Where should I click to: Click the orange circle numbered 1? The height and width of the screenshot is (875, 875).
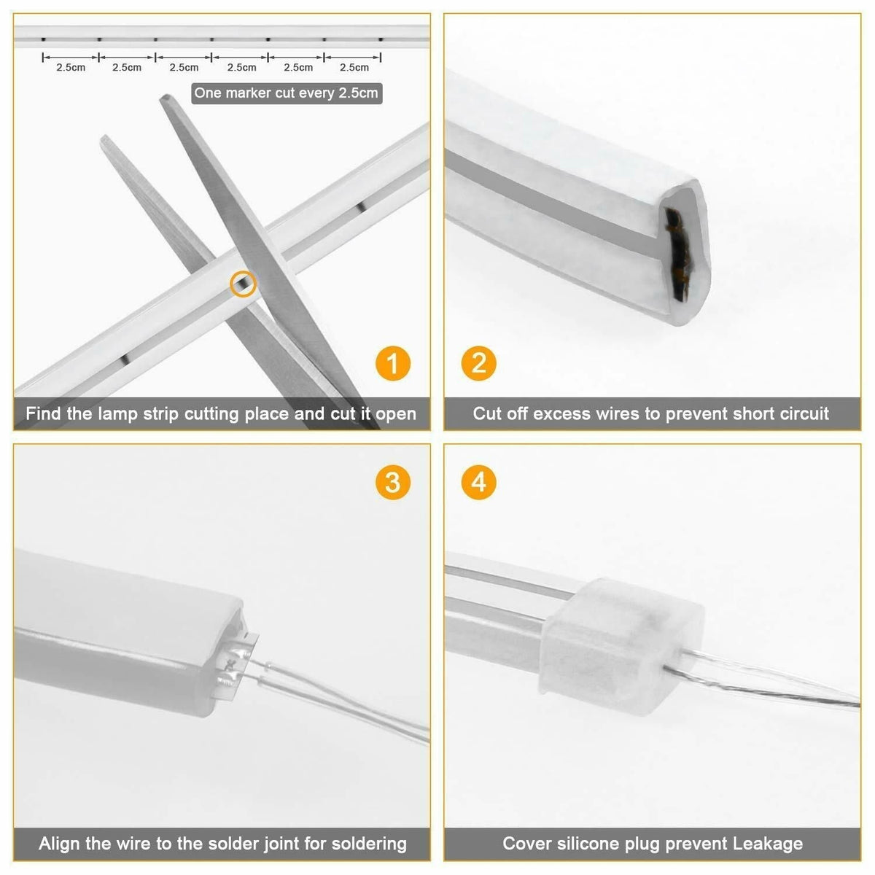[393, 362]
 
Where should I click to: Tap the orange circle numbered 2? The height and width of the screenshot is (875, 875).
[479, 362]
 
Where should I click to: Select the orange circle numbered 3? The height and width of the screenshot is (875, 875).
[393, 482]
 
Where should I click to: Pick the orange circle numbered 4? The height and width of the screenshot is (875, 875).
[479, 482]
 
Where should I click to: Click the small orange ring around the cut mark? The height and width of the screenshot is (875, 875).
[243, 283]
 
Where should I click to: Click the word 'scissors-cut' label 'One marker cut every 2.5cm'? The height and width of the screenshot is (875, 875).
[286, 93]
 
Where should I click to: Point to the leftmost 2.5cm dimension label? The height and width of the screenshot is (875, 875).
[71, 68]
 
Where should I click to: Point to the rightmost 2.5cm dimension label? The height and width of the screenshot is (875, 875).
[354, 68]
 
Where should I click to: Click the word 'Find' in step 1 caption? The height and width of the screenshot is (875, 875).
[44, 414]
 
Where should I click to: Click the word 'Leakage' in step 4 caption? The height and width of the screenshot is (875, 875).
[766, 844]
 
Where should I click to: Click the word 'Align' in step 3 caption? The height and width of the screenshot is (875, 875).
[60, 844]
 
